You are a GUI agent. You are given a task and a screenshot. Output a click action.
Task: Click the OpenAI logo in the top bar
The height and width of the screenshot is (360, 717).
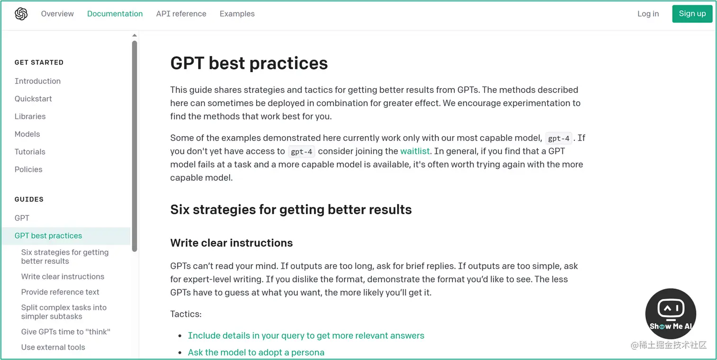click(21, 14)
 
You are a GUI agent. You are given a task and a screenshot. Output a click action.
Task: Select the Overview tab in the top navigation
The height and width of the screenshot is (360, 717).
click(57, 14)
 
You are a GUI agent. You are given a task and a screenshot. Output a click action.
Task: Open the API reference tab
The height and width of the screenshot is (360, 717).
click(181, 14)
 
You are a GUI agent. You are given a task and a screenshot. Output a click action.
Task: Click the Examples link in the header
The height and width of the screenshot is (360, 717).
click(237, 14)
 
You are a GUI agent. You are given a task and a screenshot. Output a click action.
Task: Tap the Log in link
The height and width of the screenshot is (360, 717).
click(648, 14)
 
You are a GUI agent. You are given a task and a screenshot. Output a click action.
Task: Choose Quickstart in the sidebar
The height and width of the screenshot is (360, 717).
click(33, 99)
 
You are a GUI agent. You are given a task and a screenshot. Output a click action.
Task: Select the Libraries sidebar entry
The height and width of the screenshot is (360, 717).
click(30, 116)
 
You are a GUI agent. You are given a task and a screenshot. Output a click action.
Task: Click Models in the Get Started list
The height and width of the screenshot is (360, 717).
click(27, 134)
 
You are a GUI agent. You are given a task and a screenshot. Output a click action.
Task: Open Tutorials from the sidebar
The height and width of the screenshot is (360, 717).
click(30, 151)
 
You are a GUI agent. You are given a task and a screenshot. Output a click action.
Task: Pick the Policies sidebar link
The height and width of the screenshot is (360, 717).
click(28, 169)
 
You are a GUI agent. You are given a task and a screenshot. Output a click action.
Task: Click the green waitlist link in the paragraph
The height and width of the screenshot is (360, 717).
click(415, 151)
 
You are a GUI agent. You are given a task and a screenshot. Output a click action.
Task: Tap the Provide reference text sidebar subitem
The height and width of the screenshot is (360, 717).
click(60, 292)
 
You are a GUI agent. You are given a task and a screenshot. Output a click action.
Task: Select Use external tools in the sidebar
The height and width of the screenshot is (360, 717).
click(53, 347)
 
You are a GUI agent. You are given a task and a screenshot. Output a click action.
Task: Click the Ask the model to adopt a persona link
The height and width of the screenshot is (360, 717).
click(256, 352)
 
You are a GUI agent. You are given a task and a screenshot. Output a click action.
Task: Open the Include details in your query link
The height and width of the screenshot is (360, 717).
click(306, 335)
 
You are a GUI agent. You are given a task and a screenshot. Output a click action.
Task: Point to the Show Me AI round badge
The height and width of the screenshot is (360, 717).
click(671, 314)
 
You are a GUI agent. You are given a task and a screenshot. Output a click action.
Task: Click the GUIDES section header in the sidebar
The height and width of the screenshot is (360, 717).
click(29, 199)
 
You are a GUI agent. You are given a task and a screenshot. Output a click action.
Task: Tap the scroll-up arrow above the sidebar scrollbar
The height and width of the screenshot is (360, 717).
click(135, 35)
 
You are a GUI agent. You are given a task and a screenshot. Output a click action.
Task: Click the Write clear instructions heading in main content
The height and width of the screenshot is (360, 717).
click(231, 243)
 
